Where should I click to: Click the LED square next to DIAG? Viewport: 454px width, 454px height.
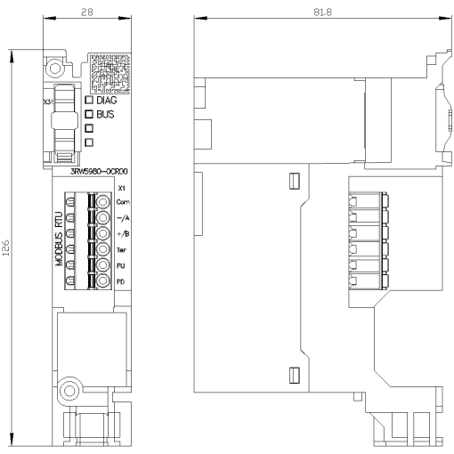coord(89,101)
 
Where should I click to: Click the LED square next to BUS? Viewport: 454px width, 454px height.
coord(89,115)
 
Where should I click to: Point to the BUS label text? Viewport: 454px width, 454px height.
coord(107,115)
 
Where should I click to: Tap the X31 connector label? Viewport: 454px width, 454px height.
coord(50,102)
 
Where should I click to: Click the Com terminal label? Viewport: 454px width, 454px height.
coord(124,203)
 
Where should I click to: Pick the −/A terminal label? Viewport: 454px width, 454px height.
coord(124,218)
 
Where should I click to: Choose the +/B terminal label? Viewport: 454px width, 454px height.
coord(124,234)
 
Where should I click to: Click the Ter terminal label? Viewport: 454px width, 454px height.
coord(123,250)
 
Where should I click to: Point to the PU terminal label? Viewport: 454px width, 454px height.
coord(122,265)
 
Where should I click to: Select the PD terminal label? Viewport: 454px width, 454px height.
coord(122,281)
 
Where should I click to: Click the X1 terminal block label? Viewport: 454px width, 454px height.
coord(121,189)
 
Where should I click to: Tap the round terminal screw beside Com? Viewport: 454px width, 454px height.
coord(103,203)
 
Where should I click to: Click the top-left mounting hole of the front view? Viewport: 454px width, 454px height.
coord(55,66)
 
